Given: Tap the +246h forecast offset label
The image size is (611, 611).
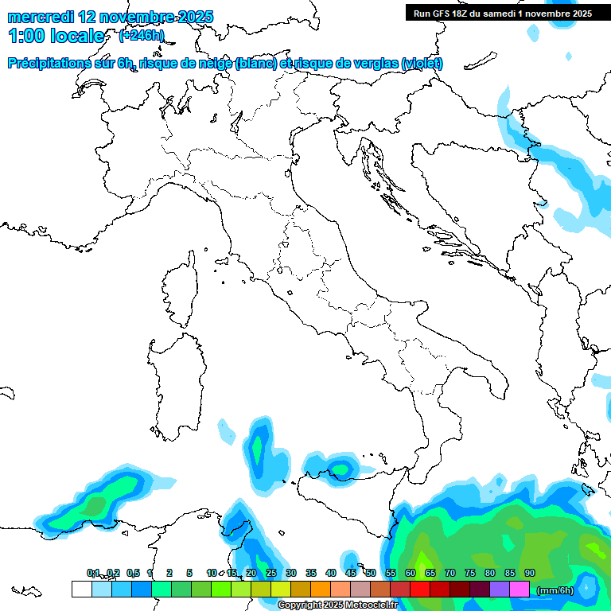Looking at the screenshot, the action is point(141,35).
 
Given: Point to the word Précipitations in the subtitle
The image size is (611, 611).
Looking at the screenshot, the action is point(53,63).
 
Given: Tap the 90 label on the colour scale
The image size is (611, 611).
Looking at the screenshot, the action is point(530,573).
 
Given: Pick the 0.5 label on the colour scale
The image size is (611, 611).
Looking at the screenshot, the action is point(133,573).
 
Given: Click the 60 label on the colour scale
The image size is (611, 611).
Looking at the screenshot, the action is point(411,573).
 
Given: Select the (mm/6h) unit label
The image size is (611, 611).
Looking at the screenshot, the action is point(556,590).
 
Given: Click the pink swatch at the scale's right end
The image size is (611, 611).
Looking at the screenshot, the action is point(520,589).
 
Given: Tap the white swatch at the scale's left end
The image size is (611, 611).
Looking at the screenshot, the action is point(81,589).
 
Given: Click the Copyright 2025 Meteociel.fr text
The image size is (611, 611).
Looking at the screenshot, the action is point(337,605).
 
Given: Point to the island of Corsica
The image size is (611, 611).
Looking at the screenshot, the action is point(181,290).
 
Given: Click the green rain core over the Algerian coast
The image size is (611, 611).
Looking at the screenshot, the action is point(95,504).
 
